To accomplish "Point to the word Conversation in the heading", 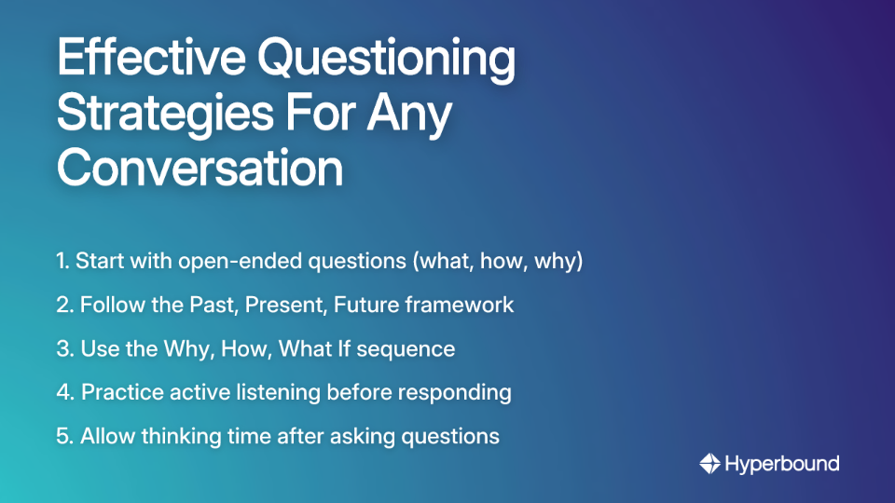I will pos(200,169).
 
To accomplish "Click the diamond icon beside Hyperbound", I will pos(709,463).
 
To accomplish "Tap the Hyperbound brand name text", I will pos(782,463).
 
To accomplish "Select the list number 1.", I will pos(62,262).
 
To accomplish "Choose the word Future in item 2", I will pos(387,306).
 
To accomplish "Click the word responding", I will pos(456,392).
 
